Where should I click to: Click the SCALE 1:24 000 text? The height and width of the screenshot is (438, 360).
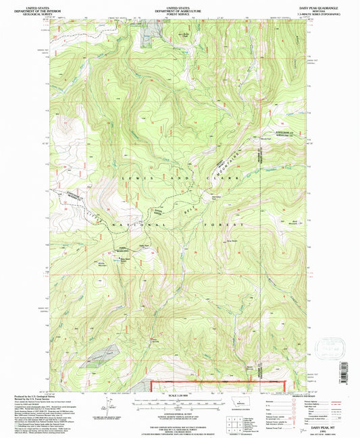click(180, 395)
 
